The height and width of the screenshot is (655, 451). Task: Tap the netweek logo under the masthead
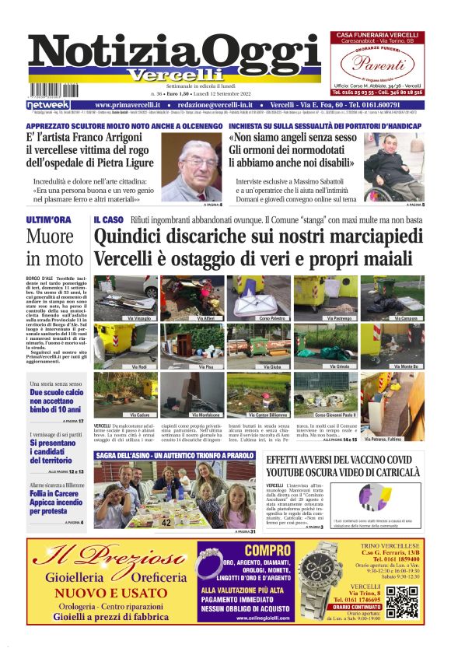pos(48,105)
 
